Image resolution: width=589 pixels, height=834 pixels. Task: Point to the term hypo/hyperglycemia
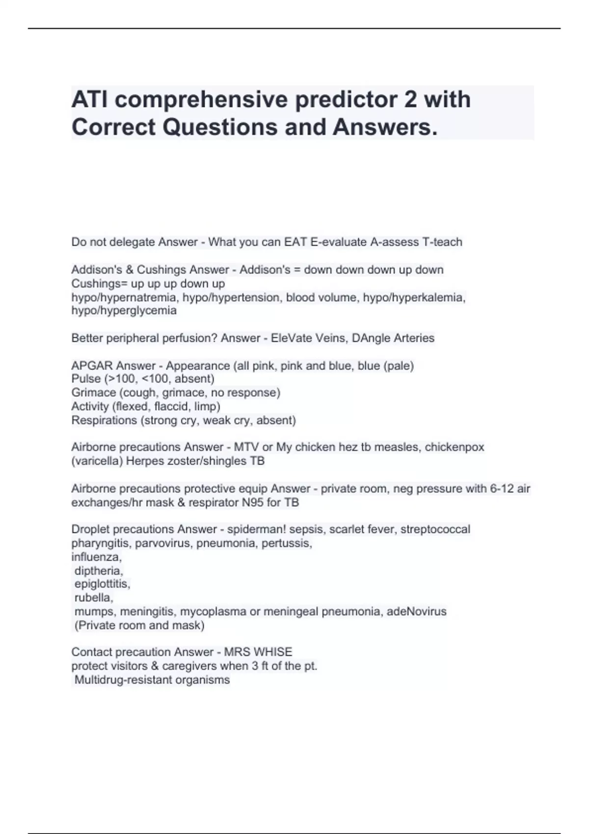coord(124,311)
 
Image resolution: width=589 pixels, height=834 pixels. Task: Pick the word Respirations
coord(104,420)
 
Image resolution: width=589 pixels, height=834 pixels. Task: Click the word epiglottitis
coord(102,584)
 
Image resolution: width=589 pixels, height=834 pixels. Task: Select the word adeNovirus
coord(416,611)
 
